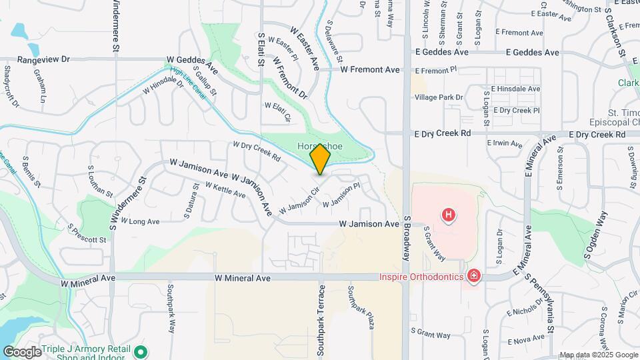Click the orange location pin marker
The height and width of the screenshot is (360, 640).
coord(320,159)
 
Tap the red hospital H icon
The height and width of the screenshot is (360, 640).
coord(449,215)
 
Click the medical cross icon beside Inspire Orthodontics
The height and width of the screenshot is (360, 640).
coord(474,275)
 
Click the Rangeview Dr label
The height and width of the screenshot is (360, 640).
coord(43,59)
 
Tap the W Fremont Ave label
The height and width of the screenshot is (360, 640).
coord(370,69)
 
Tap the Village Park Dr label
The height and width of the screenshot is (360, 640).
coord(438,97)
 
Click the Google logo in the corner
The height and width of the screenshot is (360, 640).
coord(22,351)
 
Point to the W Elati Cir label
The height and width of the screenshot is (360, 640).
coord(278,111)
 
